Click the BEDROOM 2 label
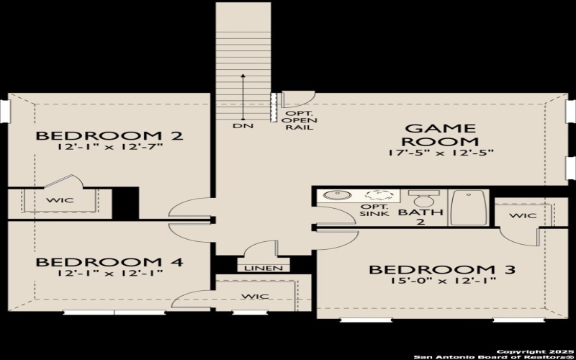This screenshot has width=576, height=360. tap(109, 135)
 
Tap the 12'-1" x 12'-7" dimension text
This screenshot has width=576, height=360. tap(109, 147)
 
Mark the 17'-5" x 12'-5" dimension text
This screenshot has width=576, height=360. tap(439, 153)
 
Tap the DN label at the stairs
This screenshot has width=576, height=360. tap(241, 127)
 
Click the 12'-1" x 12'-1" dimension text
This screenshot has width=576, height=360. tap(109, 273)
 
